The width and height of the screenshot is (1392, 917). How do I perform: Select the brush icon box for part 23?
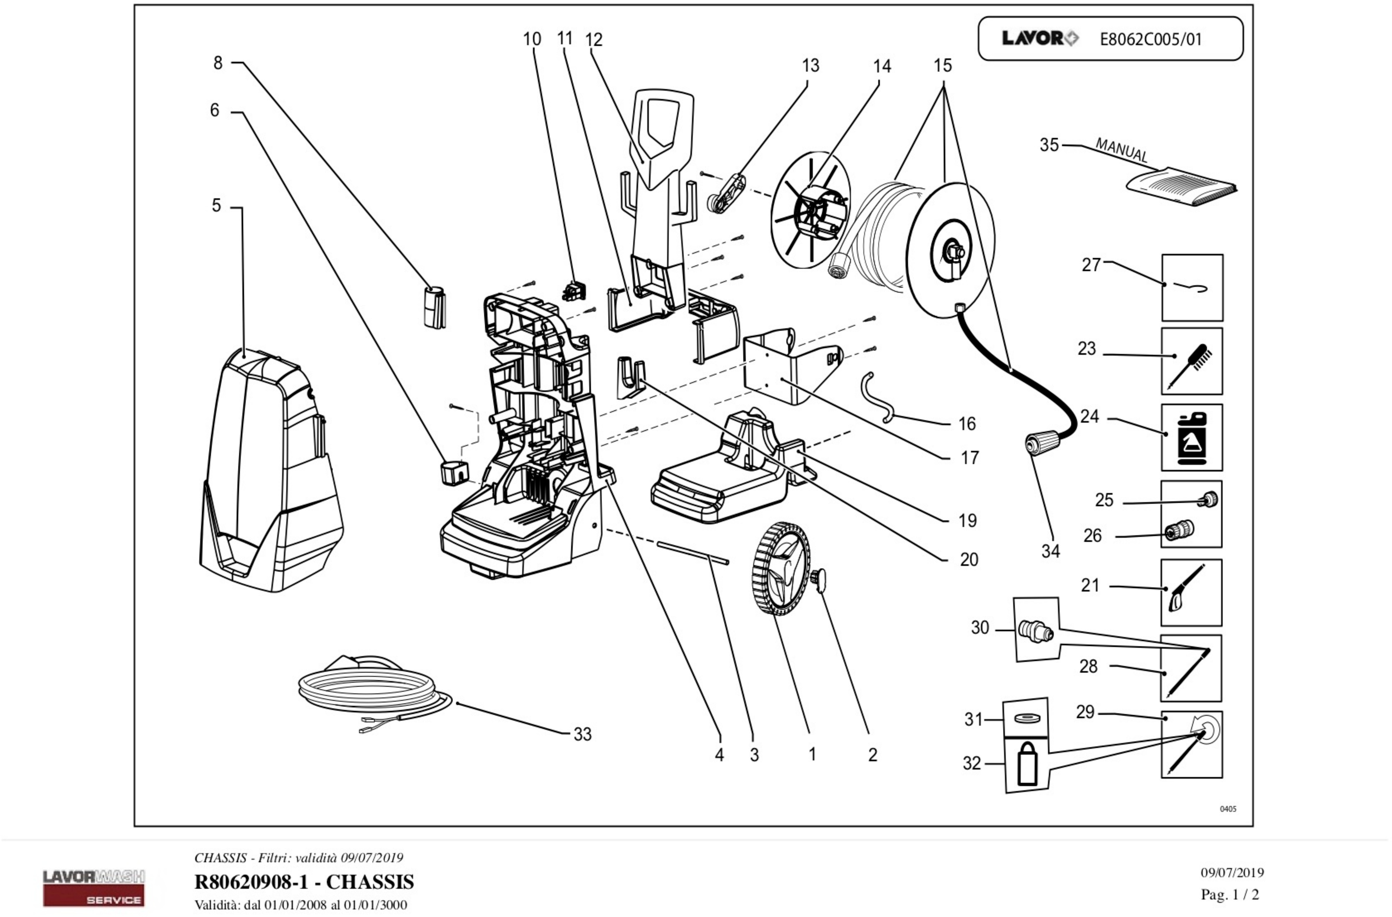point(1191,361)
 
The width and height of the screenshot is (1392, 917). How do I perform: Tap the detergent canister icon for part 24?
point(1191,438)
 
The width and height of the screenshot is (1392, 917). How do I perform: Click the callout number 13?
point(810,65)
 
